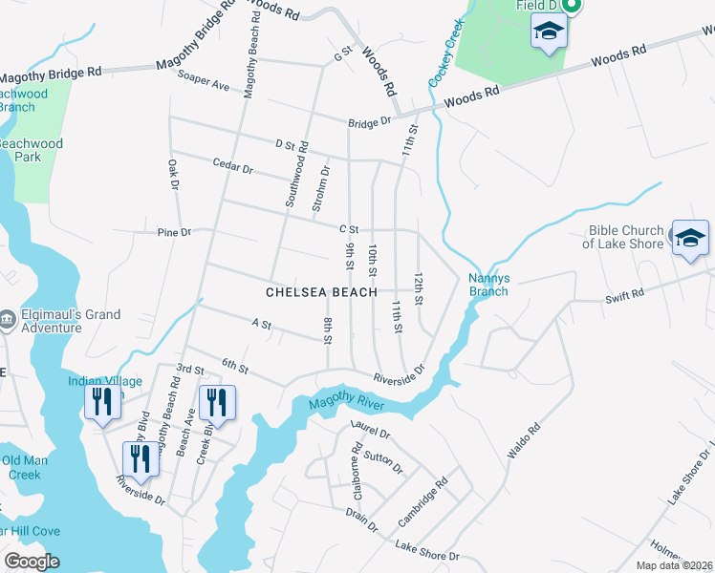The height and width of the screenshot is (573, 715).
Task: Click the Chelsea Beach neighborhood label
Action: click(321, 291)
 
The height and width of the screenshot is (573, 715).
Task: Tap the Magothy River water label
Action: click(346, 405)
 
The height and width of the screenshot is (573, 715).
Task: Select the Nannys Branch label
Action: click(488, 285)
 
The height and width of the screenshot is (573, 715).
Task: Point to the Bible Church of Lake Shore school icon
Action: click(690, 241)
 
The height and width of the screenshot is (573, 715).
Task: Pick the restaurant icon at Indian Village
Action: click(100, 404)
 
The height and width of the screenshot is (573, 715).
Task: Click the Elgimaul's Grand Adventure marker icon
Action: click(7, 316)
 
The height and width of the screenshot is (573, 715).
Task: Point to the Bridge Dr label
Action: click(370, 122)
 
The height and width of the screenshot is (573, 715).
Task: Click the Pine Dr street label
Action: click(174, 232)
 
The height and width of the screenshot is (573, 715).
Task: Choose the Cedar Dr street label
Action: click(233, 168)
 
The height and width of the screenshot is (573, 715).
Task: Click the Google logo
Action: click(32, 562)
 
